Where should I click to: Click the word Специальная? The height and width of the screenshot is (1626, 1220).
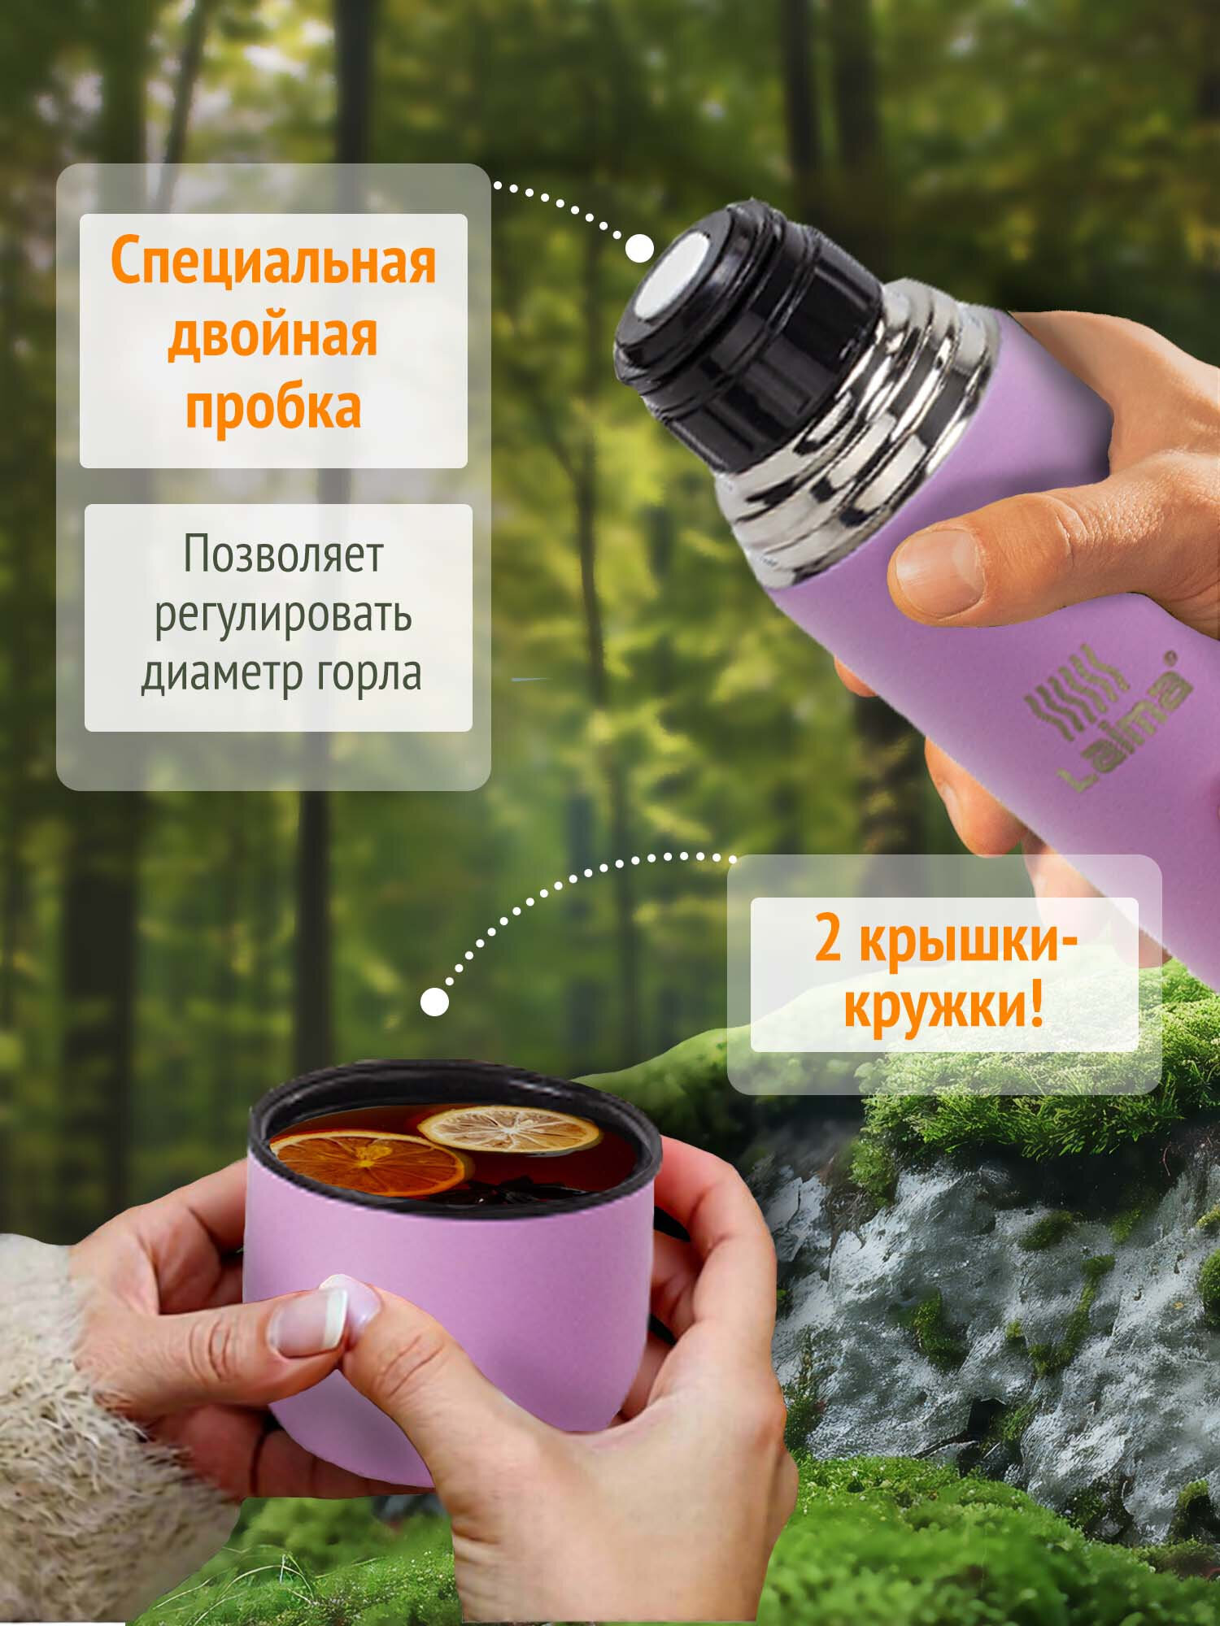(x=273, y=263)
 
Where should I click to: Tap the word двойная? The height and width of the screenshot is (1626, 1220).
(x=273, y=335)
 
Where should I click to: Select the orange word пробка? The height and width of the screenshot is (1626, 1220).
(x=273, y=406)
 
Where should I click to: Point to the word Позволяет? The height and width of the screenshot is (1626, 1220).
(x=282, y=554)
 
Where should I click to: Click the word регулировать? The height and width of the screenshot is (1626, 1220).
(x=282, y=615)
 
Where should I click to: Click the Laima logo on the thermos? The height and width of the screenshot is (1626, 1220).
(x=1106, y=720)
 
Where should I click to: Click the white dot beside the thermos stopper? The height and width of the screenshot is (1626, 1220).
(x=639, y=248)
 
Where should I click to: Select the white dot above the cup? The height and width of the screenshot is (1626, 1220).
(x=435, y=1002)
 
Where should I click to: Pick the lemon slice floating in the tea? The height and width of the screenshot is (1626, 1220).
(x=509, y=1128)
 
